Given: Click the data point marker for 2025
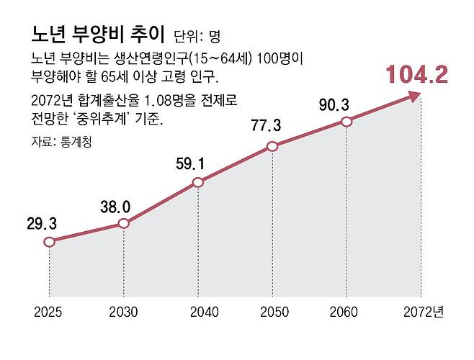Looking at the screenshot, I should coord(49,242).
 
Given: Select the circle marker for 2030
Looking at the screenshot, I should coord(123,224).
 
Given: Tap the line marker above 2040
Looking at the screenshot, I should coord(198,183).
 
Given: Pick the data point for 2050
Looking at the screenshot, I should coord(272,147).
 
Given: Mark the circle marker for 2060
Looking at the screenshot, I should coord(346,122).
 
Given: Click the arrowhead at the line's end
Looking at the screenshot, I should coord(416,96).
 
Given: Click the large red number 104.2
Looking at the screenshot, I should coord(416,73).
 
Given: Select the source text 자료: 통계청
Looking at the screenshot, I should coord(62,142).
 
